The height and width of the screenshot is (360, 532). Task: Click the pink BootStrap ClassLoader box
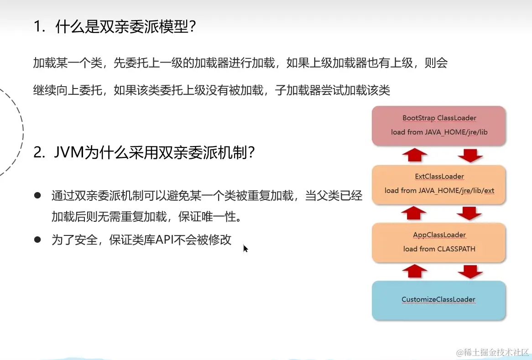[x=439, y=126]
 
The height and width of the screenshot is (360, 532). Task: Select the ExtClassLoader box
[x=439, y=185]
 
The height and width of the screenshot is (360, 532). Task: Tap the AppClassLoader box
[x=439, y=243]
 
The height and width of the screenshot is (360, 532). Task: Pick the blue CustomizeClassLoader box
[x=439, y=300]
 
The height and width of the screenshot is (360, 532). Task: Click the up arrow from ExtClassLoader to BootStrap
[x=415, y=155]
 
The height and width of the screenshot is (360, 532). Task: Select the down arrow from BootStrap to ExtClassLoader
[x=470, y=156]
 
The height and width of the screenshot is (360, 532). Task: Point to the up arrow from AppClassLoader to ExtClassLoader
[x=413, y=213]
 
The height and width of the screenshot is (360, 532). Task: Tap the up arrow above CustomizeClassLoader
[x=415, y=271]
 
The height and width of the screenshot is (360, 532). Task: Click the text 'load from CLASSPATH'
[x=439, y=249]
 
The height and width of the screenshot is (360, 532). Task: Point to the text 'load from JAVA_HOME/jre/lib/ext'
[x=439, y=190]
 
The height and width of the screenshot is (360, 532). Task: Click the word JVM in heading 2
[x=69, y=152]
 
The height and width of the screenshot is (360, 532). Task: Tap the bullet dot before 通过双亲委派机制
[x=37, y=195]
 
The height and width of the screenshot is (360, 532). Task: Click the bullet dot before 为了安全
[x=37, y=240]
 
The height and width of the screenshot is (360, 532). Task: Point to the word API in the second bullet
[x=164, y=240]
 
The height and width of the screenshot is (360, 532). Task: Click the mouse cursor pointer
[x=245, y=249]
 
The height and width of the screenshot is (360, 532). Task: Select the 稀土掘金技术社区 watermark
[x=493, y=352]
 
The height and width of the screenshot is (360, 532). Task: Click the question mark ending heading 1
[x=193, y=26]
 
